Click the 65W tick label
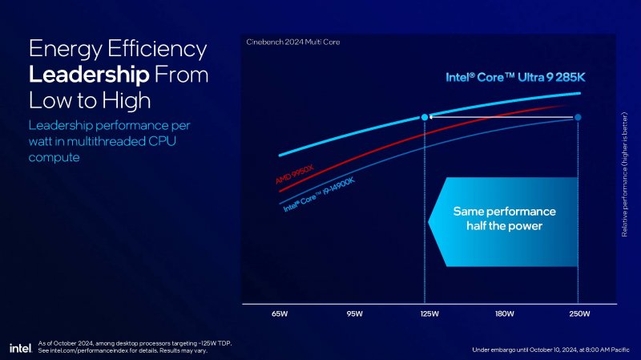point(279,313)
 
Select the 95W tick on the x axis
point(354,313)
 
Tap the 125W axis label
point(429,313)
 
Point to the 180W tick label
point(503,313)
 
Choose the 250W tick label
point(578,313)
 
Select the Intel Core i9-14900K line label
point(319,194)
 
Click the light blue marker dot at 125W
point(424,118)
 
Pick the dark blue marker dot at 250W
point(578,118)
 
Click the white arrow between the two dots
point(501,118)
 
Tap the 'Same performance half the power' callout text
point(504,219)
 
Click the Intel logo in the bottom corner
point(20,347)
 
